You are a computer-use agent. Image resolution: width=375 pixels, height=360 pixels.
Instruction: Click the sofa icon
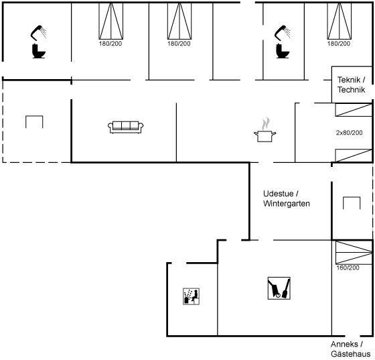point(126,127)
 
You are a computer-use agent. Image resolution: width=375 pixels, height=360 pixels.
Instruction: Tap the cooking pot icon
point(265,136)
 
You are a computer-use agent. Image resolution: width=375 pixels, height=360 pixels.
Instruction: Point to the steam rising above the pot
point(265,123)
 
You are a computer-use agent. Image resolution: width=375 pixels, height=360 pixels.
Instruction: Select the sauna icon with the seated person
point(192,296)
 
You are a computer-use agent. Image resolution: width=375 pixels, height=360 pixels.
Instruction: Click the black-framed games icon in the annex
point(279,288)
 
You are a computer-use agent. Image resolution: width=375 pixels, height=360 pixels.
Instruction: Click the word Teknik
point(348,80)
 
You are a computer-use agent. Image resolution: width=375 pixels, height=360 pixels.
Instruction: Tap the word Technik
point(351,90)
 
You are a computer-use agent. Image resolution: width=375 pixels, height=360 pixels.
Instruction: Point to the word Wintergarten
point(287,203)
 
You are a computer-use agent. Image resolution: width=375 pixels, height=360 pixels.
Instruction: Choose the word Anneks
point(344,344)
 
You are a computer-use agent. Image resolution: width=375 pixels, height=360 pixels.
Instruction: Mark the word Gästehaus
point(351,354)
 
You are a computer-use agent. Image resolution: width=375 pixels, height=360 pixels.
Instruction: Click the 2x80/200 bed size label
point(349,133)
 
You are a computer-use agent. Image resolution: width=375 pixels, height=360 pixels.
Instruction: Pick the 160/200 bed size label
point(348,267)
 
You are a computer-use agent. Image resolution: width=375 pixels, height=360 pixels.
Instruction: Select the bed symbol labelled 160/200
point(354,252)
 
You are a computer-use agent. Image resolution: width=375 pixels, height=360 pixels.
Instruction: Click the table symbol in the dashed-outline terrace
point(34,122)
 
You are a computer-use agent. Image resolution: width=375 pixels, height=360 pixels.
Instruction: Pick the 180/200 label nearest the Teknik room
point(339,44)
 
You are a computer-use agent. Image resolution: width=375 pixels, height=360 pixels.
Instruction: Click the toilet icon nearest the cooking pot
point(282,51)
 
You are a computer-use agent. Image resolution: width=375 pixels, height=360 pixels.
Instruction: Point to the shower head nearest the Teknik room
point(283,32)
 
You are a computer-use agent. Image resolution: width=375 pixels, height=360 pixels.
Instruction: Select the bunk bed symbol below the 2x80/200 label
point(354,155)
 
